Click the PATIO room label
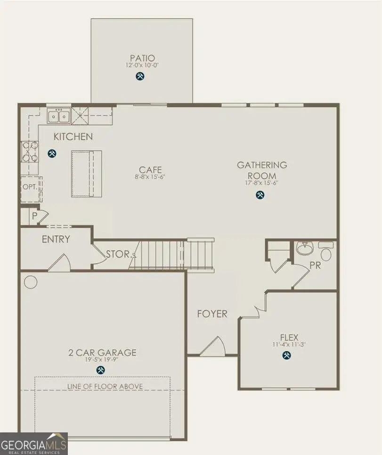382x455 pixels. (x=142, y=58)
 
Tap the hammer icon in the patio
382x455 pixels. (x=140, y=76)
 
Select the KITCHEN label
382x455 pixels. (x=73, y=137)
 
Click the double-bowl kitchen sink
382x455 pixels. (x=59, y=115)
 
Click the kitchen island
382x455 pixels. (x=86, y=174)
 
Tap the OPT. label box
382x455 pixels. (x=29, y=187)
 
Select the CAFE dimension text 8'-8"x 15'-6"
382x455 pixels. (x=150, y=177)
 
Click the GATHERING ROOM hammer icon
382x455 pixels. (x=260, y=195)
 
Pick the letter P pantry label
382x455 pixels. (x=34, y=217)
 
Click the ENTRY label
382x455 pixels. (x=56, y=239)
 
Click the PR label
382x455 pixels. (x=315, y=265)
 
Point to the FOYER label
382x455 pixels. (x=212, y=314)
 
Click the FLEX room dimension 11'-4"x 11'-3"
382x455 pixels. (x=289, y=344)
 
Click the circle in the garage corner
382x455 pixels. (x=30, y=282)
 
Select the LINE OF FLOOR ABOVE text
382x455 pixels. (x=102, y=386)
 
